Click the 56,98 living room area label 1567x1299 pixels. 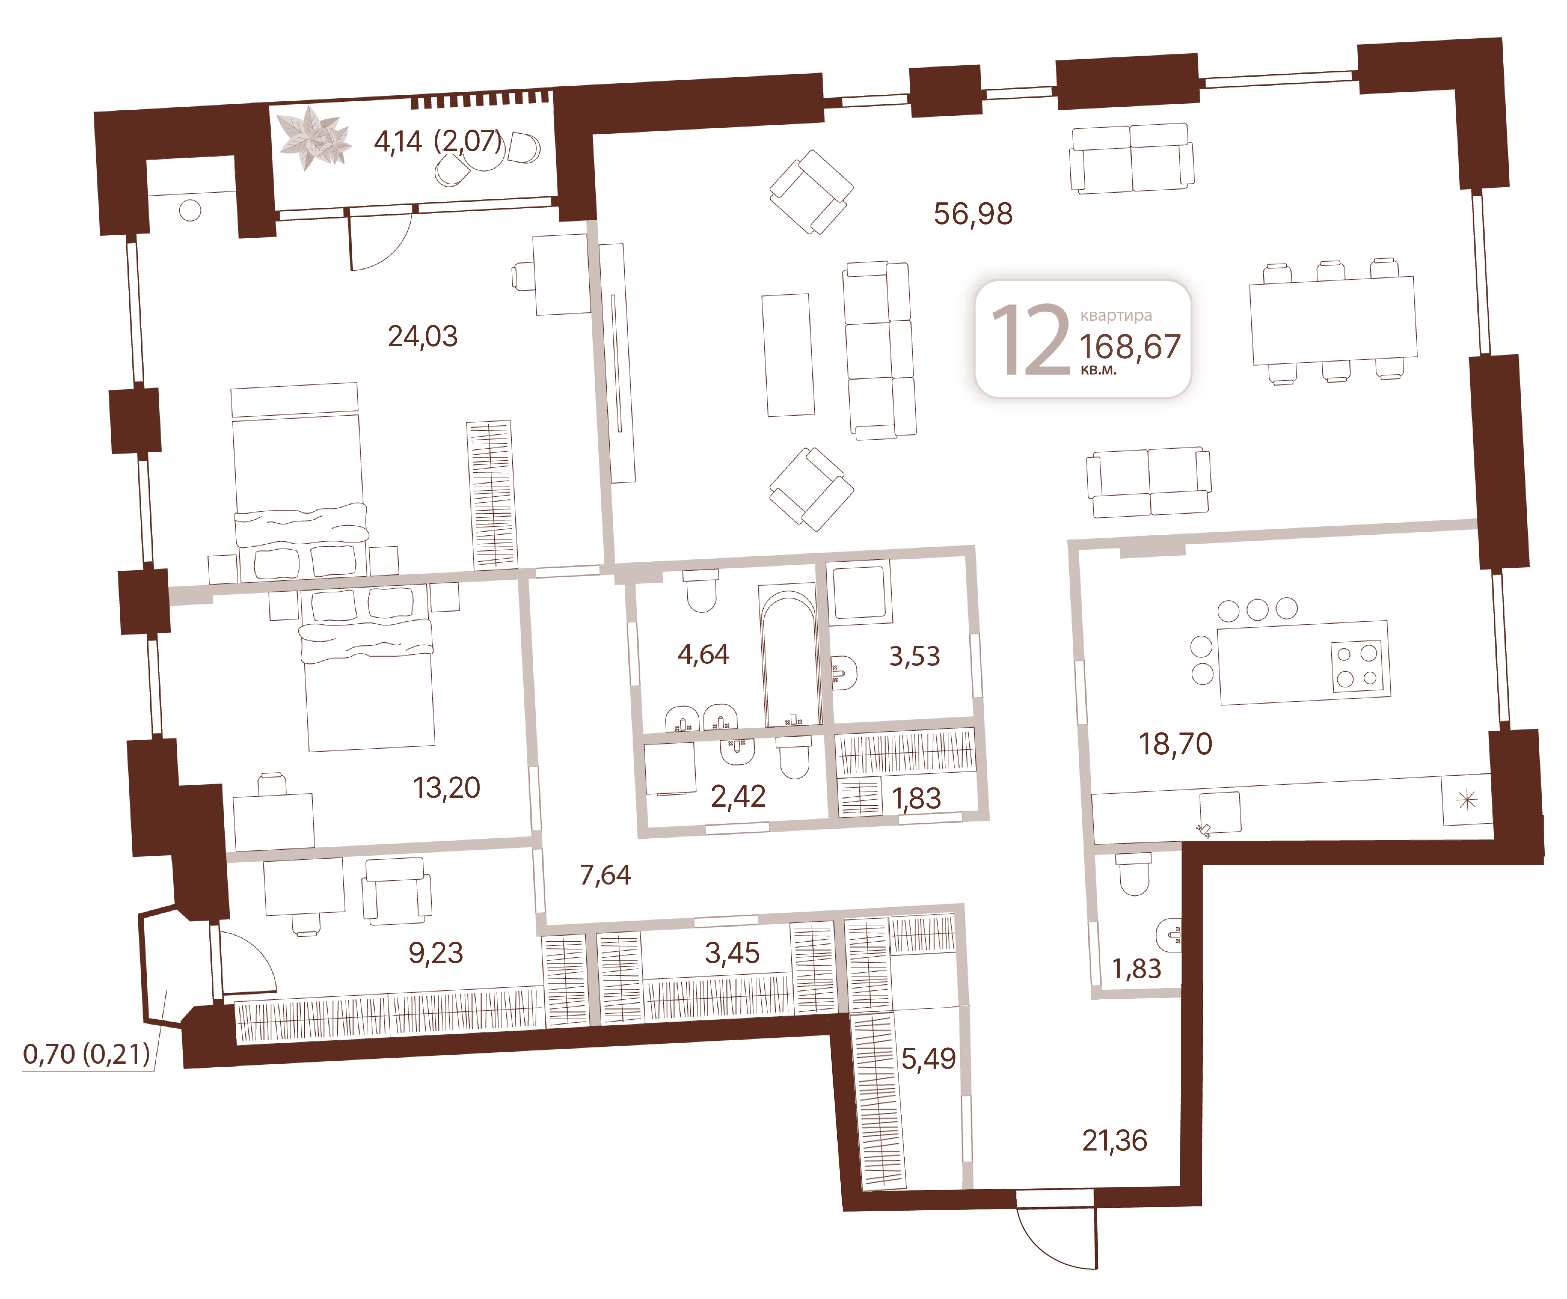pos(973,214)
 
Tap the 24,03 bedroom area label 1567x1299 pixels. pos(422,337)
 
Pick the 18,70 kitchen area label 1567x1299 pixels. pos(1175,744)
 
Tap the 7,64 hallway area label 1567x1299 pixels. pos(605,874)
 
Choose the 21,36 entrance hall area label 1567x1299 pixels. pos(1115,1140)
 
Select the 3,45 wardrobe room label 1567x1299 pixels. pos(732,953)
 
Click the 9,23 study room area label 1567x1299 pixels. pos(436,953)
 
